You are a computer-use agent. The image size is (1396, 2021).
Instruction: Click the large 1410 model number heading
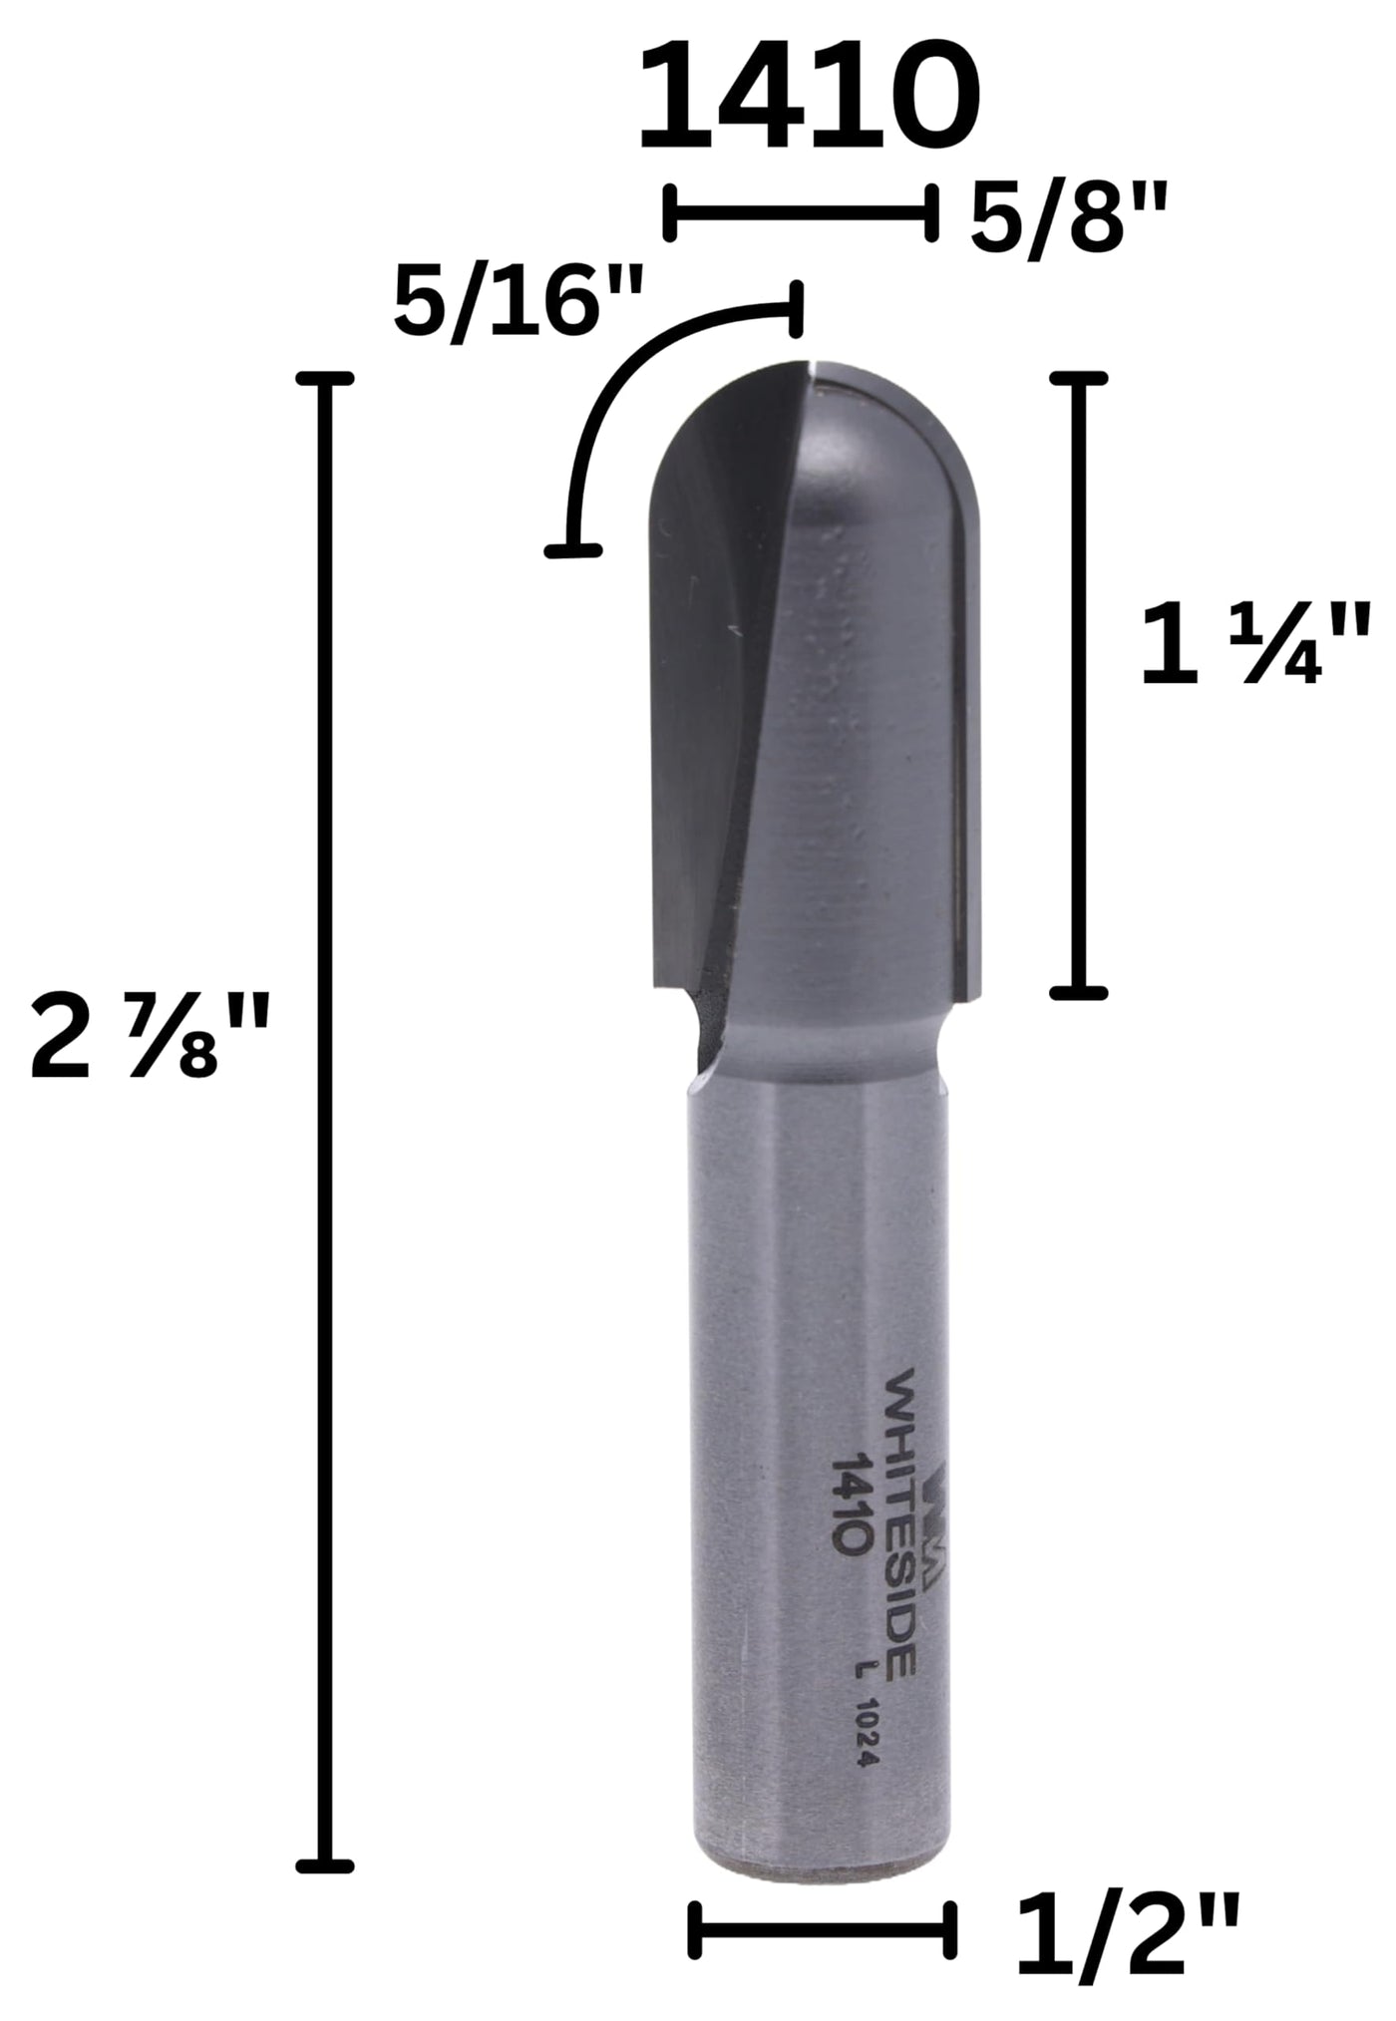[809, 97]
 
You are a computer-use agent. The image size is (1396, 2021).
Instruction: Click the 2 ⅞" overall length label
[150, 1040]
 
